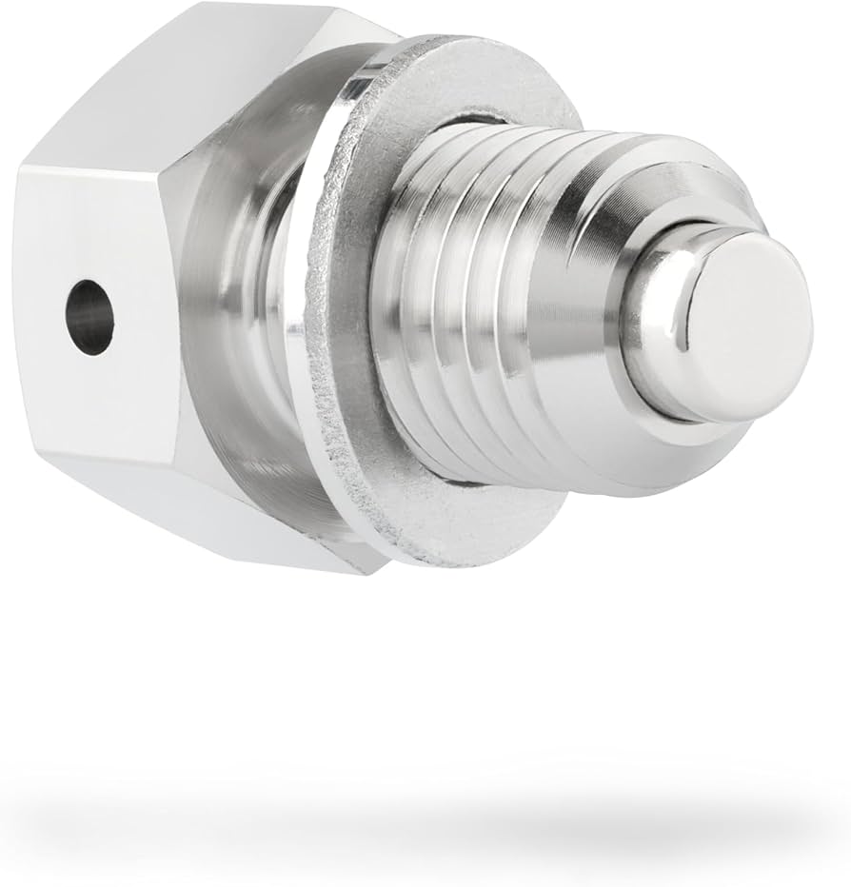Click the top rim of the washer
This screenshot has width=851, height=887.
pyautogui.click(x=457, y=57)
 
